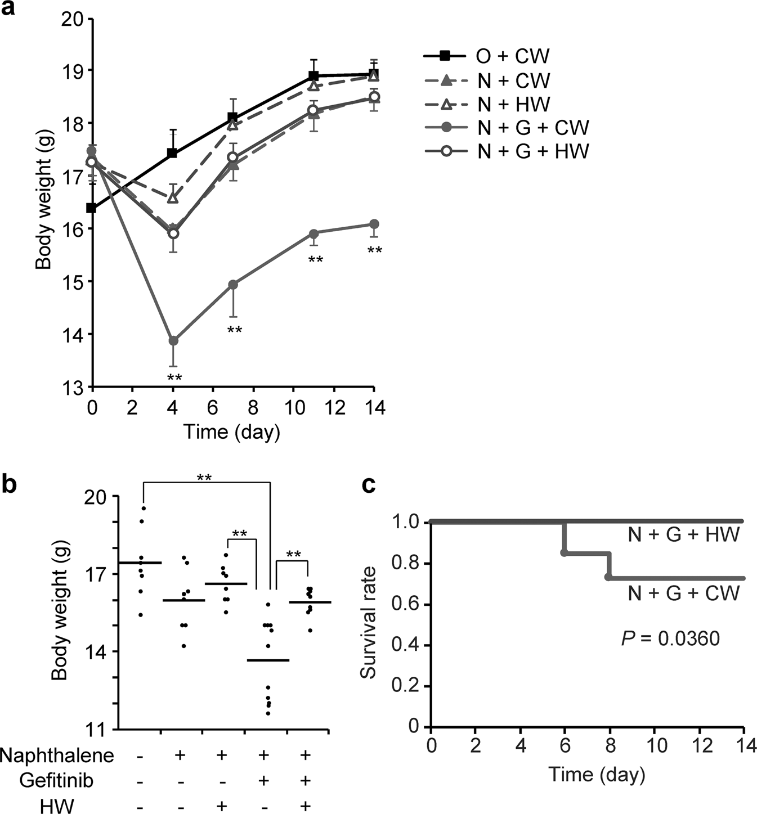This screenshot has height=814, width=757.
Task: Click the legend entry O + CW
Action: point(486,56)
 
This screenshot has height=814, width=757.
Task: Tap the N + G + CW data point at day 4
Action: point(173,341)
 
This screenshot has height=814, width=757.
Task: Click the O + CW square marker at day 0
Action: point(91,208)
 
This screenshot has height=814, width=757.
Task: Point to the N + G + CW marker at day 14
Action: point(373,224)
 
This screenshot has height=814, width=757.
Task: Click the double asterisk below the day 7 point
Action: point(234,330)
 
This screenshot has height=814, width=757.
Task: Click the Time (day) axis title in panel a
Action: point(231,431)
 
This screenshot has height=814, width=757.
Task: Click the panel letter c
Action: point(369,485)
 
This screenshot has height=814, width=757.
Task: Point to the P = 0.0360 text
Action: point(670,638)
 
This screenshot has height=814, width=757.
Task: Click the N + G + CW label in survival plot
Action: point(683,593)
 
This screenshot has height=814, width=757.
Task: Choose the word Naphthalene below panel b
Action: point(57,755)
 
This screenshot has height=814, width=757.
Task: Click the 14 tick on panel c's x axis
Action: point(743,746)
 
